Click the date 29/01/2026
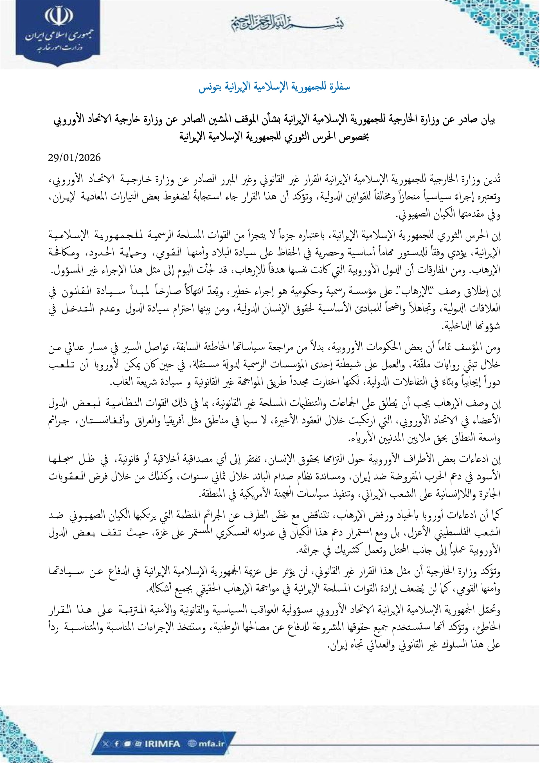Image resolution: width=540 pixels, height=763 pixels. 74,158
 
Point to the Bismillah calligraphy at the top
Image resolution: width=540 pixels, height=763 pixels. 287,23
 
